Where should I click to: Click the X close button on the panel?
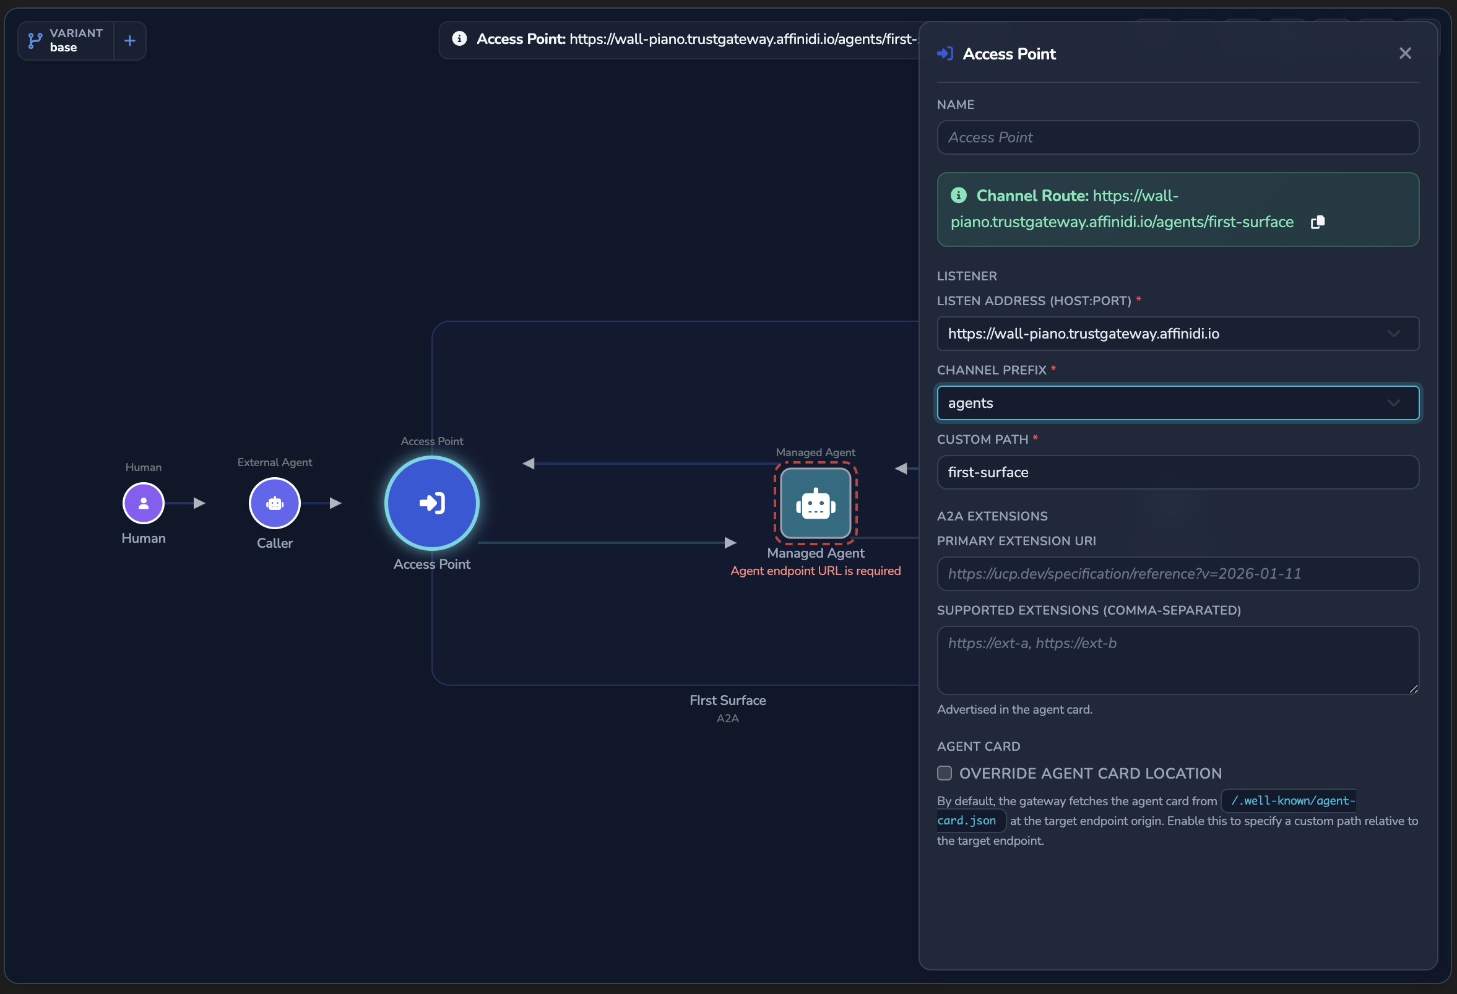tap(1405, 53)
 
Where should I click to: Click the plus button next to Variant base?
tap(130, 41)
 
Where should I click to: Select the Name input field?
tap(1177, 137)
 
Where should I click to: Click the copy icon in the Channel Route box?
tap(1318, 222)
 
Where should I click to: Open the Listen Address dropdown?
tap(1177, 334)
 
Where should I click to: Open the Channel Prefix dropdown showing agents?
tap(1177, 403)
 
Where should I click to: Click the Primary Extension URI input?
tap(1177, 574)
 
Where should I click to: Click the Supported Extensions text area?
tap(1177, 660)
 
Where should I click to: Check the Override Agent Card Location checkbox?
tap(944, 773)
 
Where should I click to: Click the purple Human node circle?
tap(144, 503)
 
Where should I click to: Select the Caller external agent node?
tap(275, 503)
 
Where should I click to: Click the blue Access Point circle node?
tap(432, 503)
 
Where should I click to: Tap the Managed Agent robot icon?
tap(816, 503)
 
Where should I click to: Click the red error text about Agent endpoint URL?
tap(816, 571)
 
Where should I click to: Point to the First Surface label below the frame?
tap(728, 700)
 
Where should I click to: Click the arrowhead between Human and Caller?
tap(200, 503)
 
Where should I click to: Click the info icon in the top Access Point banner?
tap(459, 39)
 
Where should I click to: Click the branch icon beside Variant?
tap(35, 41)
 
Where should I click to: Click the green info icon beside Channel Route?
tap(959, 196)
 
